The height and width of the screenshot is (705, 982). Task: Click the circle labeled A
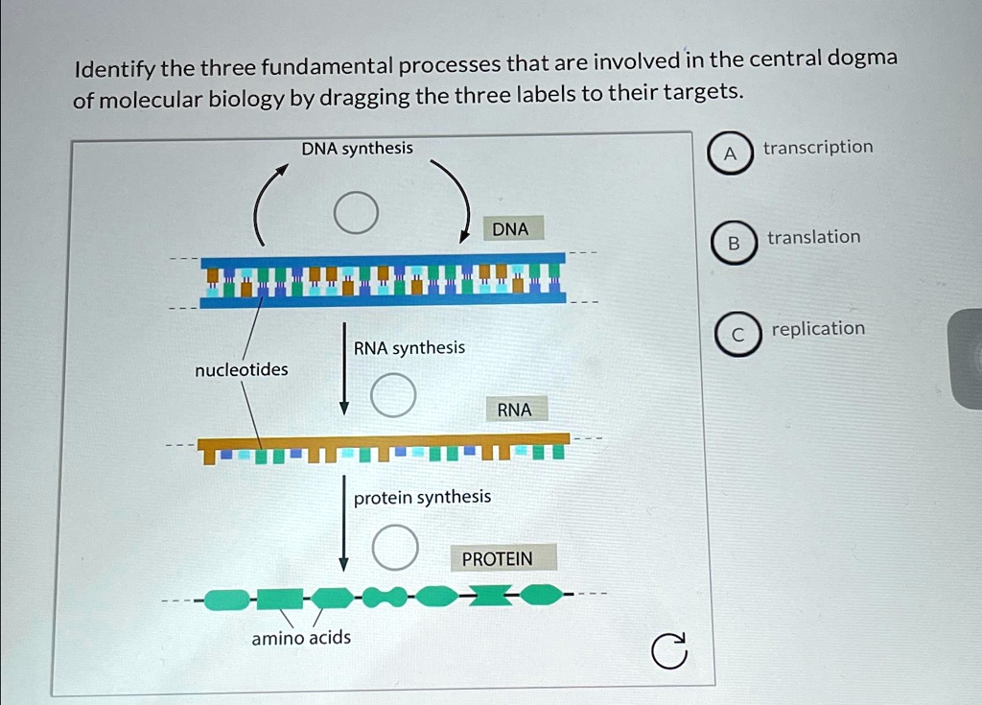click(x=731, y=155)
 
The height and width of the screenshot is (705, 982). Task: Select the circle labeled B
click(x=734, y=245)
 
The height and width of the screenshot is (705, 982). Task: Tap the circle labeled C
click(x=736, y=335)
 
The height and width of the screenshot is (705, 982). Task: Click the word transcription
click(x=818, y=147)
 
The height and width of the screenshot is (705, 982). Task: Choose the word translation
click(x=813, y=237)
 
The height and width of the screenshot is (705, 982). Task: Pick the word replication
click(x=818, y=328)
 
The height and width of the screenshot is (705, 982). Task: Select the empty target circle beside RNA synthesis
click(x=393, y=396)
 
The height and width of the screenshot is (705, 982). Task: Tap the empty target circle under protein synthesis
click(x=394, y=546)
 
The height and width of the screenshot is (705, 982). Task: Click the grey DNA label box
click(x=510, y=229)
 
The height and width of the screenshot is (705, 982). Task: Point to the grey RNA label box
click(x=514, y=410)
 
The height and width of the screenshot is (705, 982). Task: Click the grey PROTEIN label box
click(x=497, y=558)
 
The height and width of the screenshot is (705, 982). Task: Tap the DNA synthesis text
click(x=357, y=148)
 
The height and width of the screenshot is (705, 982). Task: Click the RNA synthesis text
click(x=409, y=347)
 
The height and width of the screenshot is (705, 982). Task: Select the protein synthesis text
click(x=422, y=497)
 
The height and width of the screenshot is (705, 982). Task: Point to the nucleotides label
click(x=241, y=369)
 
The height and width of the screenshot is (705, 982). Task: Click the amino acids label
click(x=301, y=638)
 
